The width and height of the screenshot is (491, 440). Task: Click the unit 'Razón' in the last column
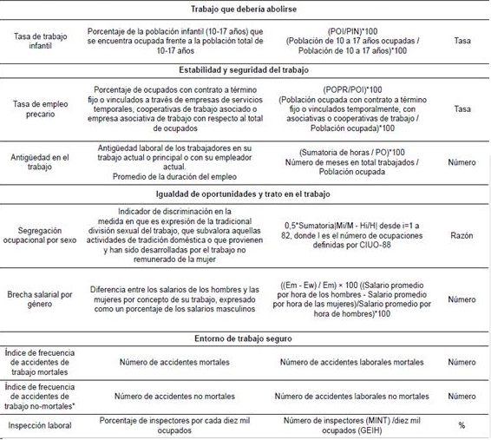click(x=462, y=234)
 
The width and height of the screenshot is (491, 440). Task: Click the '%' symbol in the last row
click(x=462, y=425)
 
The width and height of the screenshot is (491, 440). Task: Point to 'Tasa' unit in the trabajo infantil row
click(x=462, y=40)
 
